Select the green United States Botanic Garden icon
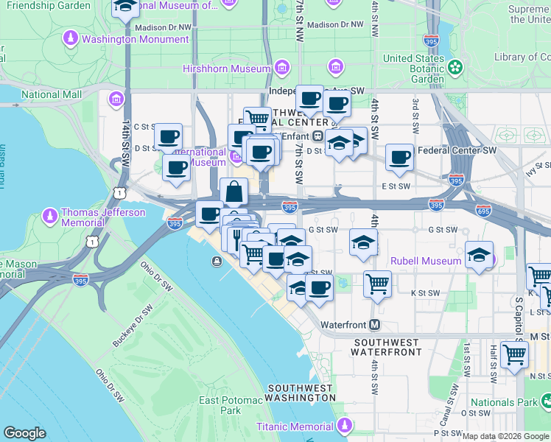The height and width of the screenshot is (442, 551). (455, 68)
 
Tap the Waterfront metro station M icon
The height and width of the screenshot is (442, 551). (375, 324)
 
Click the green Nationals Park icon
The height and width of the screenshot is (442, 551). (546, 401)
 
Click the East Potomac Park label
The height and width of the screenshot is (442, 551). (220, 405)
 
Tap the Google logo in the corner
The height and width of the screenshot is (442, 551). (24, 433)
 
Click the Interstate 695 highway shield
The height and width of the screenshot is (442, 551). (484, 210)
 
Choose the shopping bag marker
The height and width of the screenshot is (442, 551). (234, 192)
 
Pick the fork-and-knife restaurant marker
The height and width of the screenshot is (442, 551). (236, 237)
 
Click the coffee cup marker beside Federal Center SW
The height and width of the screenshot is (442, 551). (399, 157)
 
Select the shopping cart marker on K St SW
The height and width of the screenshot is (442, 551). (377, 283)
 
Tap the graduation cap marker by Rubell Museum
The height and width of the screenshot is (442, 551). (479, 256)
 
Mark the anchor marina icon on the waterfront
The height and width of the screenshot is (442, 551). (217, 261)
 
